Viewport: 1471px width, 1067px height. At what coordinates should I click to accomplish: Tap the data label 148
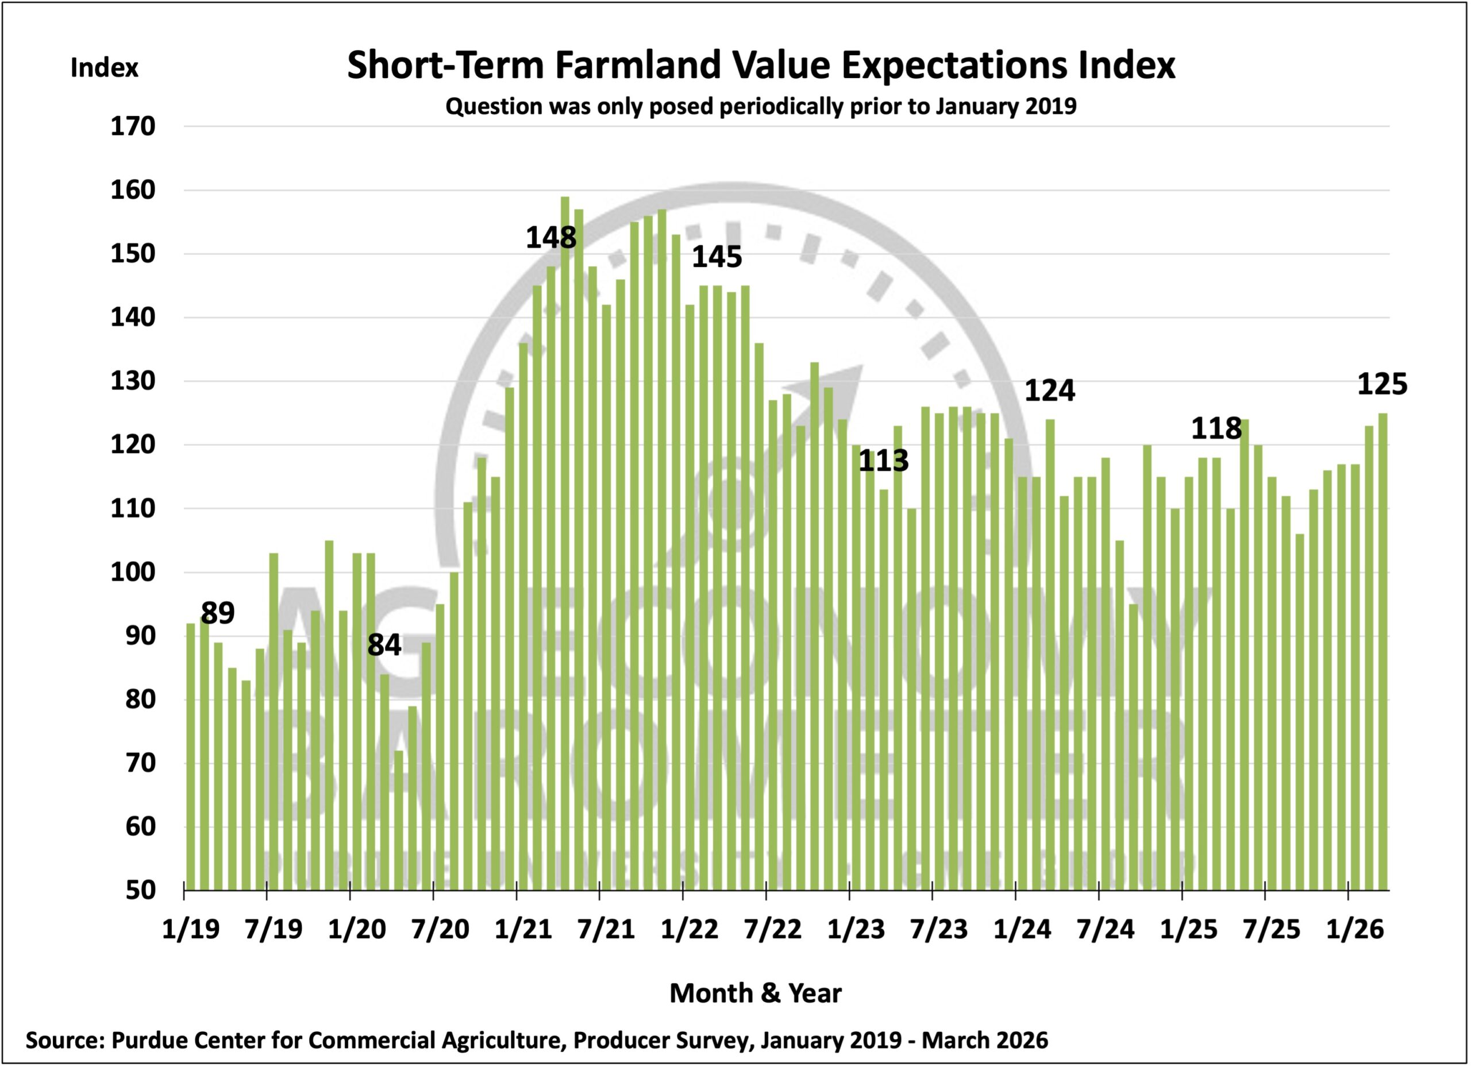550,238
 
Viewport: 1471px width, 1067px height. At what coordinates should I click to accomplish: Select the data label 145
717,258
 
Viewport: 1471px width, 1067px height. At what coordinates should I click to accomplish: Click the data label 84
384,645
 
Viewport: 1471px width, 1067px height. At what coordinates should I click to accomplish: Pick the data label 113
883,461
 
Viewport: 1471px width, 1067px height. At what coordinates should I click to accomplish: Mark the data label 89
217,613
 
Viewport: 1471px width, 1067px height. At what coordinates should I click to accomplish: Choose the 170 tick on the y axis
133,126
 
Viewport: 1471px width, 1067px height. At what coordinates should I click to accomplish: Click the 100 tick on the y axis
133,573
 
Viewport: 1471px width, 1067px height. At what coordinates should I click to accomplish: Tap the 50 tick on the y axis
140,890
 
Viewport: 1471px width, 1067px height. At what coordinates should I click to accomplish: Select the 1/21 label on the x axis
523,930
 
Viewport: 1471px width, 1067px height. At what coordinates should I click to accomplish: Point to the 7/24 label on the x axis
1105,930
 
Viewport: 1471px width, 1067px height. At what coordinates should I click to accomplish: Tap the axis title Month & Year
755,993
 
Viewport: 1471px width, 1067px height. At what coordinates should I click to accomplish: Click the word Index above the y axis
104,68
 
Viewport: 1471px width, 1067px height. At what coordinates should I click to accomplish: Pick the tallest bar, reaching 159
565,544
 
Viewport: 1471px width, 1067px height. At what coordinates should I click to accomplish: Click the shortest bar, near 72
398,820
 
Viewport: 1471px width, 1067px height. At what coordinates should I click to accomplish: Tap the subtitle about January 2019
761,106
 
